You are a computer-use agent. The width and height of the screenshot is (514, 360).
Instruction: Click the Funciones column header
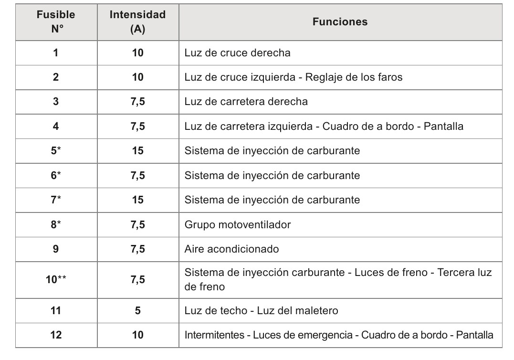[x=340, y=22]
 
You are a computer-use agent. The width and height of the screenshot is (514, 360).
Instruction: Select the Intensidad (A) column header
[x=137, y=22]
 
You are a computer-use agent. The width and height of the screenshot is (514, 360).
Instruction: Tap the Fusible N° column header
[x=56, y=22]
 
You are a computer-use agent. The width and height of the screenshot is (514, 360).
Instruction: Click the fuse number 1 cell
[x=56, y=53]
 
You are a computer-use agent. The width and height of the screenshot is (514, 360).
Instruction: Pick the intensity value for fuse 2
[x=137, y=77]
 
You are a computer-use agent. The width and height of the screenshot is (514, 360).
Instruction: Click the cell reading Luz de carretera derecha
[x=246, y=102]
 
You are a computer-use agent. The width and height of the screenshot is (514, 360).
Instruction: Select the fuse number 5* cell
[x=56, y=151]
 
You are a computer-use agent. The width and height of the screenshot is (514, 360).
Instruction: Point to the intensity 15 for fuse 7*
[x=137, y=200]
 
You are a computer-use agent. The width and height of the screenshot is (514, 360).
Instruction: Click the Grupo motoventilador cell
[x=237, y=224]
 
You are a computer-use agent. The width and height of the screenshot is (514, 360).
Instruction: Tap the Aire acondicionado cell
[x=231, y=249]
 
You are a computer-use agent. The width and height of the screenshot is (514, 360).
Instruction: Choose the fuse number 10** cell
[x=56, y=280]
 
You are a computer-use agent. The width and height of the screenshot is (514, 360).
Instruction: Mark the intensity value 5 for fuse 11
[x=137, y=310]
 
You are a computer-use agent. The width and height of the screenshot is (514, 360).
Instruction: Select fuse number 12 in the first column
[x=56, y=335]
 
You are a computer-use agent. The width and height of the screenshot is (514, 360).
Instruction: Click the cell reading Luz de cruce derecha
[x=237, y=53]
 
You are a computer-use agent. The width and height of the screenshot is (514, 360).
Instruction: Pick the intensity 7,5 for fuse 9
[x=137, y=249]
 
